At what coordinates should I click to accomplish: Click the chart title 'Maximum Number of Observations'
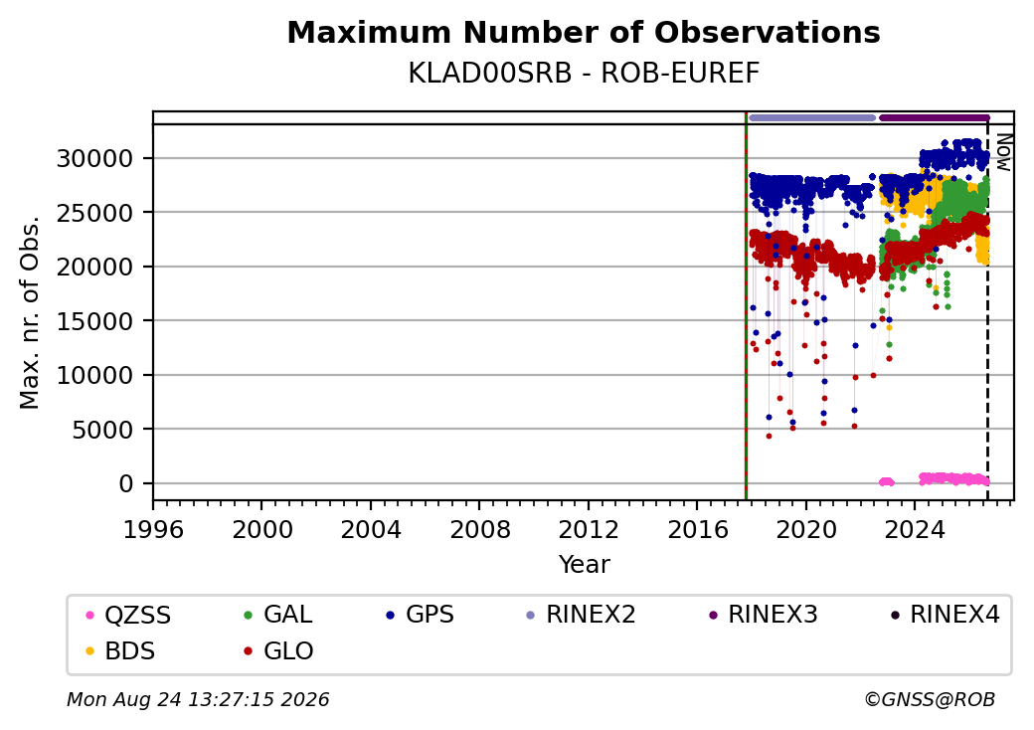[x=584, y=32]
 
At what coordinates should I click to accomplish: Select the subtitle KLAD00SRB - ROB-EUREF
[x=584, y=74]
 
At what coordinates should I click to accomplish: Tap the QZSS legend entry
[x=129, y=615]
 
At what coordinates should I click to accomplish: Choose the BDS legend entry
[x=121, y=650]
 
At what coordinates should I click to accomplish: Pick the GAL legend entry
[x=279, y=615]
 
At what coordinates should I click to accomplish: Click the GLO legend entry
[x=279, y=650]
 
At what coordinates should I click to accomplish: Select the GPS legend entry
[x=421, y=615]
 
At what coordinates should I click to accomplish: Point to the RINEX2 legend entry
[x=581, y=615]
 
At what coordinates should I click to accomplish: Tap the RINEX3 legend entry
[x=763, y=615]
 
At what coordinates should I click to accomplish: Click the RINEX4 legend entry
[x=945, y=615]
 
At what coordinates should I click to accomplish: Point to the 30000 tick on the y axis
[x=95, y=158]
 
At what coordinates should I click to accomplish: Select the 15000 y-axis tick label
[x=95, y=321]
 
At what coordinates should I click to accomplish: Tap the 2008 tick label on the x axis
[x=479, y=529]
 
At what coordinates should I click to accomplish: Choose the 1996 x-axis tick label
[x=153, y=529]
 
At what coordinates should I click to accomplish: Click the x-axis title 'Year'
[x=584, y=565]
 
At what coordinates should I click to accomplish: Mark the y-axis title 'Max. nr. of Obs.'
[x=30, y=312]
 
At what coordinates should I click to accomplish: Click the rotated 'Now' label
[x=1003, y=152]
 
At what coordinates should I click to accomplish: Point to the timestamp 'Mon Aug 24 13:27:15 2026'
[x=198, y=699]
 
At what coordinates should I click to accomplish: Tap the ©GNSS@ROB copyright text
[x=930, y=699]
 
